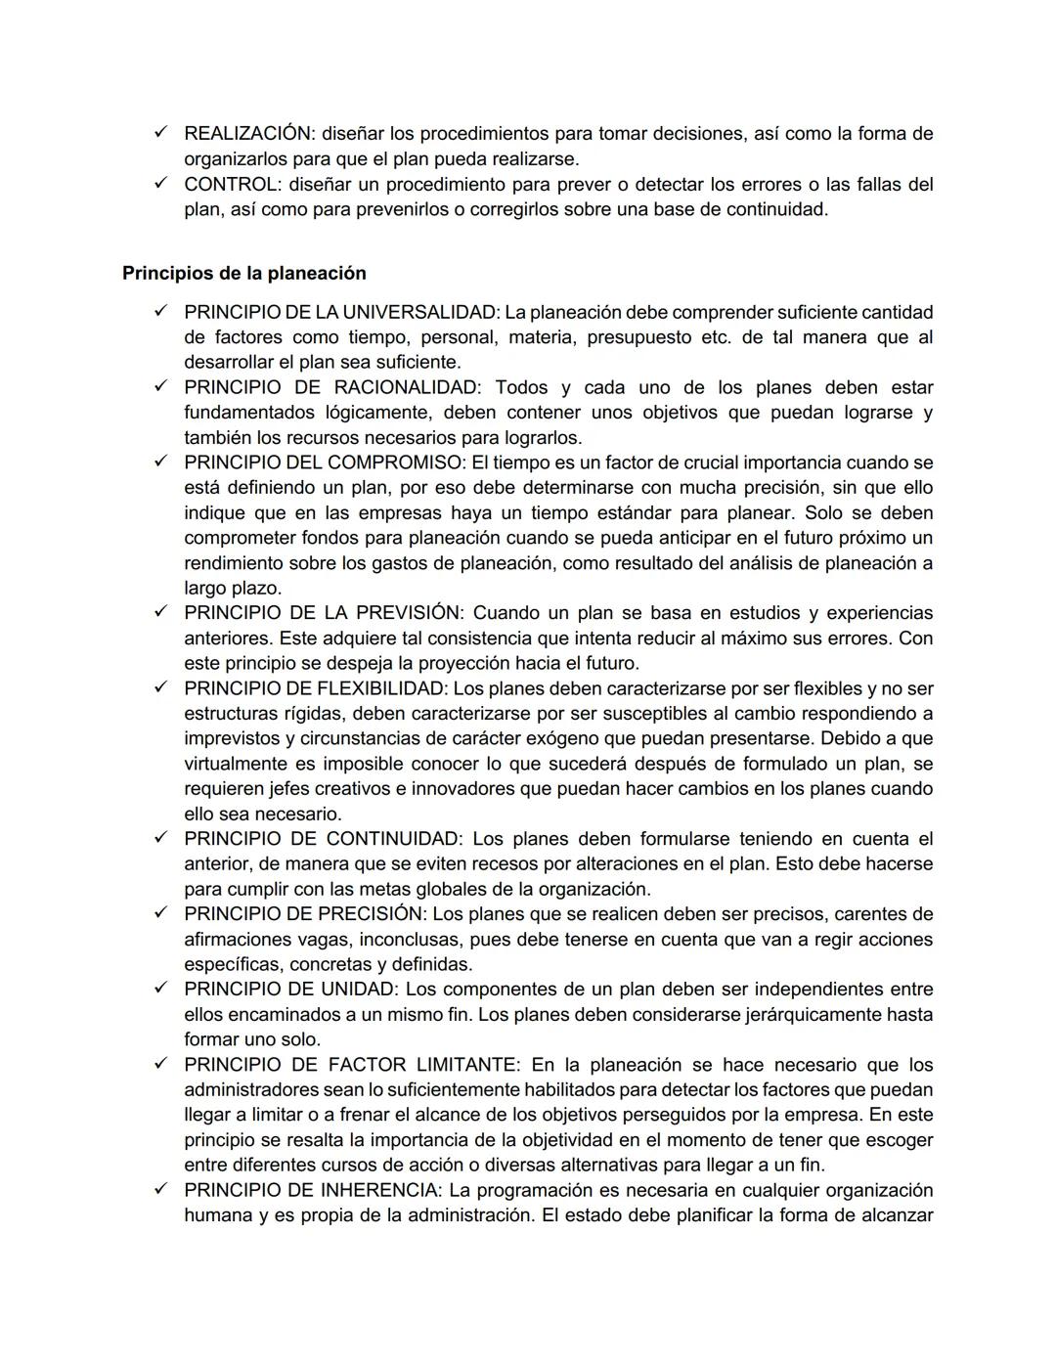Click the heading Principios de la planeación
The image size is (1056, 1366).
(x=243, y=274)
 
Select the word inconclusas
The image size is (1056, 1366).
(x=414, y=940)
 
